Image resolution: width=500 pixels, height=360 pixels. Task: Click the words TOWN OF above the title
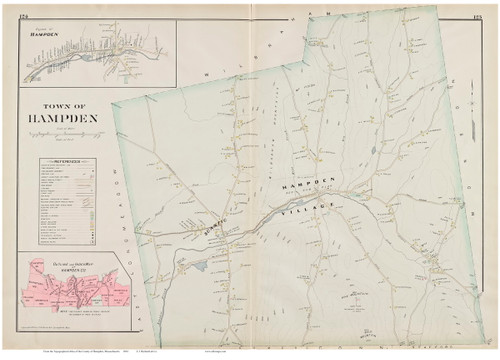[x=64, y=106]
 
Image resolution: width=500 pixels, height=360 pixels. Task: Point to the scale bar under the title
[x=64, y=141]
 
